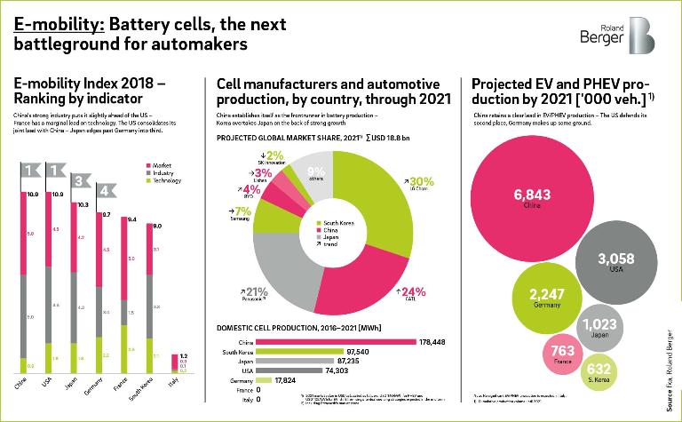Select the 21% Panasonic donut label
pos(257,294)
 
